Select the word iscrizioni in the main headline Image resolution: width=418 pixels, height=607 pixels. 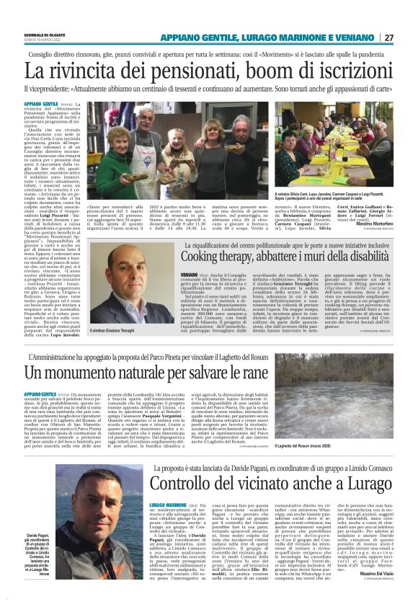(x=344, y=71)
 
